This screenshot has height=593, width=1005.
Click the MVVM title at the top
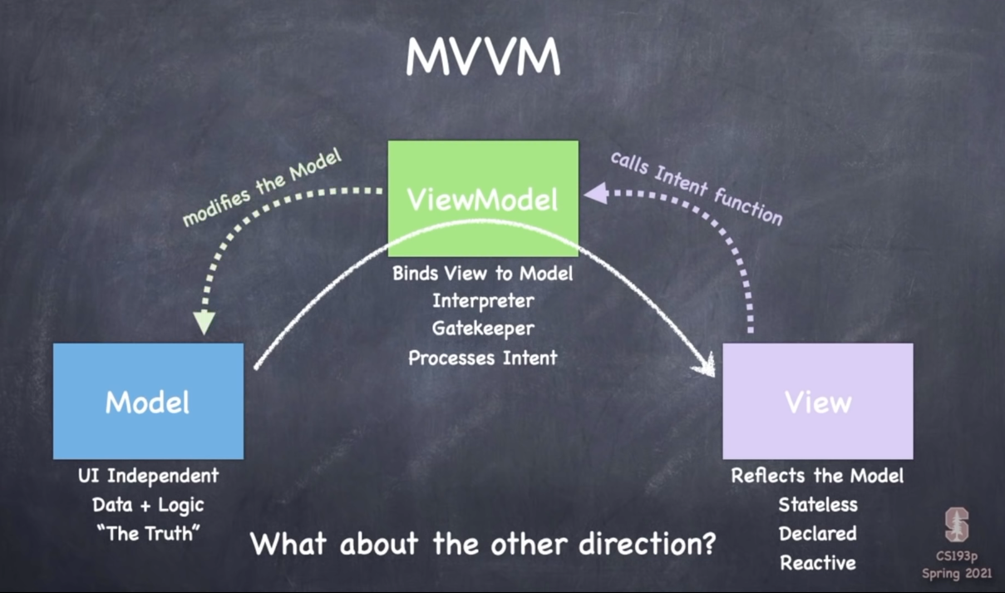pyautogui.click(x=483, y=57)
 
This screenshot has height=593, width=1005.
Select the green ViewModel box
pyautogui.click(x=483, y=198)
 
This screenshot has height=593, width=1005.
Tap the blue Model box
pyautogui.click(x=148, y=401)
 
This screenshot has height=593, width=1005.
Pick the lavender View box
pyautogui.click(x=818, y=401)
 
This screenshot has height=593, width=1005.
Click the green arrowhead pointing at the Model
pyautogui.click(x=204, y=323)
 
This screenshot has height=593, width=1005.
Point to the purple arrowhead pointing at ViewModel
pyautogui.click(x=595, y=194)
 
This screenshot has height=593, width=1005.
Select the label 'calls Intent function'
pyautogui.click(x=697, y=188)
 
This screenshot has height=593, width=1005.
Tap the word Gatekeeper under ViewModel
pyautogui.click(x=483, y=329)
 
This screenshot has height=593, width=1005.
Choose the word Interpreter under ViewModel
pyautogui.click(x=483, y=300)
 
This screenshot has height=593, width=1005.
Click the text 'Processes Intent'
pyautogui.click(x=483, y=358)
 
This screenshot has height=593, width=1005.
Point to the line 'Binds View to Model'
pyautogui.click(x=483, y=272)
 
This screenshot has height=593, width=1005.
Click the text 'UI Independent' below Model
pyautogui.click(x=148, y=477)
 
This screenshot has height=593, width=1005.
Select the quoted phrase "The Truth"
pyautogui.click(x=148, y=534)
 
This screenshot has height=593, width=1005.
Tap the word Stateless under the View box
pyautogui.click(x=818, y=505)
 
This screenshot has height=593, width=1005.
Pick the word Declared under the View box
pyautogui.click(x=818, y=534)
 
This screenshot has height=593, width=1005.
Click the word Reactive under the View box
pyautogui.click(x=818, y=563)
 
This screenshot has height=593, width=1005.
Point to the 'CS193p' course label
pyautogui.click(x=957, y=556)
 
